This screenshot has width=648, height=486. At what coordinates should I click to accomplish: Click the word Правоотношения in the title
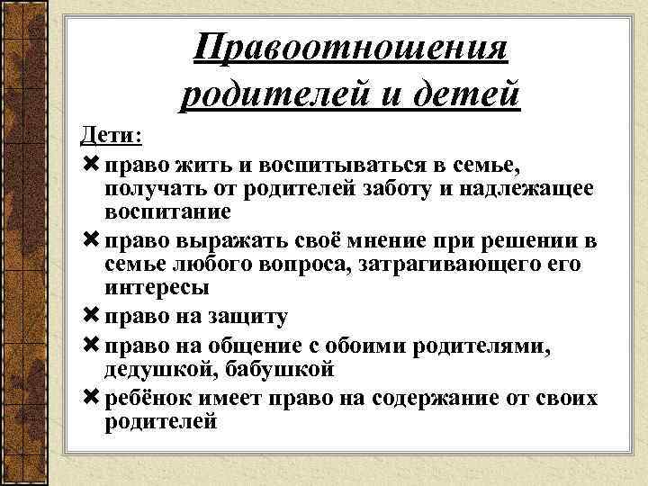coord(352,46)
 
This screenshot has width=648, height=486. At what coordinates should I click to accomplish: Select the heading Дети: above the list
coord(111,136)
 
